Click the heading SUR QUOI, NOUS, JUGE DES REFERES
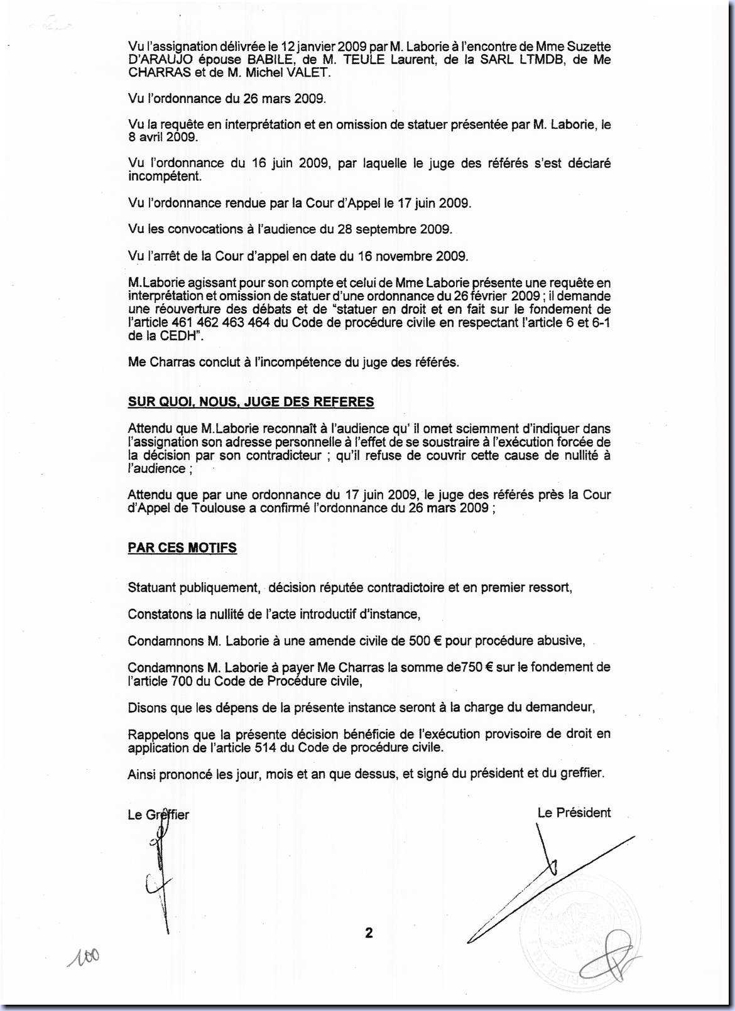pyautogui.click(x=251, y=403)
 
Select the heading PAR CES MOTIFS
pyautogui.click(x=182, y=548)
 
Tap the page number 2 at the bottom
pyautogui.click(x=369, y=933)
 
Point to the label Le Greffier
pyautogui.click(x=158, y=815)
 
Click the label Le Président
pyautogui.click(x=574, y=813)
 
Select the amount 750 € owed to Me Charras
pyautogui.click(x=477, y=668)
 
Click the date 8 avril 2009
pyautogui.click(x=163, y=138)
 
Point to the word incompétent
pyautogui.click(x=165, y=176)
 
